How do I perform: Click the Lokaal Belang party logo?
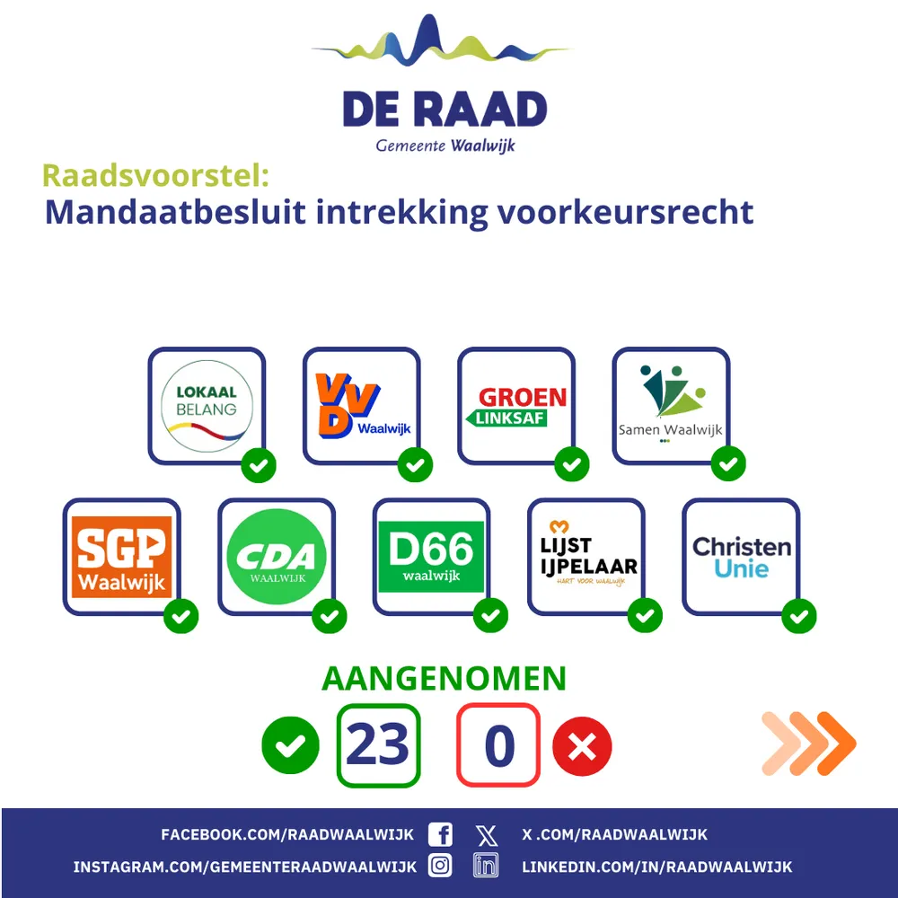207,406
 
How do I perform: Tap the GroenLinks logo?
516,406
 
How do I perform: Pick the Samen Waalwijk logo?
671,403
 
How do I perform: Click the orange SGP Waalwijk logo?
122,557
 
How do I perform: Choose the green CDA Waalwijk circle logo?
277,557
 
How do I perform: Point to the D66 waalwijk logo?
431,557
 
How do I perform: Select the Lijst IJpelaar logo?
588,553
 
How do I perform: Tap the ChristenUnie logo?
742,558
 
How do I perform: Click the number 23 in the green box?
378,744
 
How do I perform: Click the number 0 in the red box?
498,745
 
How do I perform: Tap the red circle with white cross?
582,746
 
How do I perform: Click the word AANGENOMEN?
444,679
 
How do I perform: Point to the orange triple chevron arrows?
809,744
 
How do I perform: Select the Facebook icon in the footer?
440,834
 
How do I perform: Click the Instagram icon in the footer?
440,866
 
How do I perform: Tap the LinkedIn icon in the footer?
486,866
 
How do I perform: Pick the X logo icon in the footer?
487,835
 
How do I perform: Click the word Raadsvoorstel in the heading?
155,175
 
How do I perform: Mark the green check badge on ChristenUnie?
799,616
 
